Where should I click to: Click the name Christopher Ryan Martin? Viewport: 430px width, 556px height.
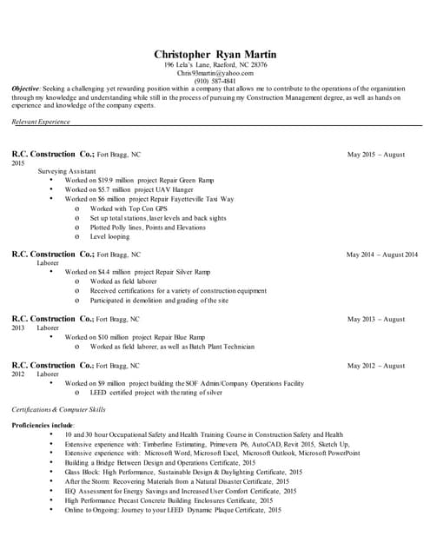click(x=215, y=54)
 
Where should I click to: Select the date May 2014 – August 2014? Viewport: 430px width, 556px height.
click(x=381, y=255)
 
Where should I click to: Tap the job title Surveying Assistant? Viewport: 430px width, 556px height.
click(x=67, y=171)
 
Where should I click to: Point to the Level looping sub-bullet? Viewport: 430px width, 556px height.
click(x=109, y=236)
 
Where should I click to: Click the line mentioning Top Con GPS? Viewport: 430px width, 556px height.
click(x=129, y=208)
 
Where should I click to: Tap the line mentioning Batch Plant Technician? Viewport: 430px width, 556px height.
click(x=172, y=347)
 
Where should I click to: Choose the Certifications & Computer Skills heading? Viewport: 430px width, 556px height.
click(x=58, y=408)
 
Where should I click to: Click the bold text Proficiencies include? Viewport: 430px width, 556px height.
click(x=43, y=425)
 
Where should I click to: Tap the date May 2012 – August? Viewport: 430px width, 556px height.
click(x=376, y=366)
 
